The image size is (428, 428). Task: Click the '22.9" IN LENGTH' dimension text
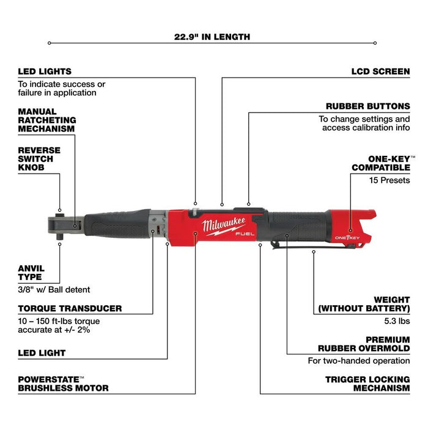(x=212, y=37)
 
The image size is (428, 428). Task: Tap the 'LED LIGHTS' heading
(x=45, y=72)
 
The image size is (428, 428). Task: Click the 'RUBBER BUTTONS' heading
(x=367, y=106)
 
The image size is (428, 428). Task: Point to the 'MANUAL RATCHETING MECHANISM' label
(x=46, y=120)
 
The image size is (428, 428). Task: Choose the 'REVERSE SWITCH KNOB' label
(x=39, y=159)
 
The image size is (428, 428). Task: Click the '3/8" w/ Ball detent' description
(x=54, y=289)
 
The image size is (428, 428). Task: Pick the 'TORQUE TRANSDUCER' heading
(x=70, y=309)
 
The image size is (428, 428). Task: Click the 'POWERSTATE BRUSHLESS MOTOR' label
(x=63, y=383)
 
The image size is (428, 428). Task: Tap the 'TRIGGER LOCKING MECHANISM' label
(x=367, y=383)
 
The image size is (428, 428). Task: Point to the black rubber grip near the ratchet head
(x=116, y=226)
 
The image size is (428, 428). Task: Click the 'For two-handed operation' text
(x=358, y=361)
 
